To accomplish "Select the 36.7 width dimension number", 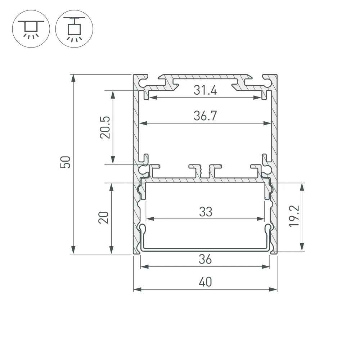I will (x=205, y=116).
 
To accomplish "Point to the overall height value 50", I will (x=66, y=162).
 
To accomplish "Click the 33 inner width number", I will (x=205, y=212).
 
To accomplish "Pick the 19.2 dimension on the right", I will (x=294, y=217).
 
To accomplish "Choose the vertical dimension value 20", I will (x=104, y=217).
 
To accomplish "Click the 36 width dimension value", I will (x=205, y=259).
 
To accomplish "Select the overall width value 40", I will (x=205, y=282).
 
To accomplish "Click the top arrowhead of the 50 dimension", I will (x=73, y=77).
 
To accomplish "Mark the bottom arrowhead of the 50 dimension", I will (x=73, y=251).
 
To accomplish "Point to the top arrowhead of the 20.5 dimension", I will (x=113, y=94).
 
